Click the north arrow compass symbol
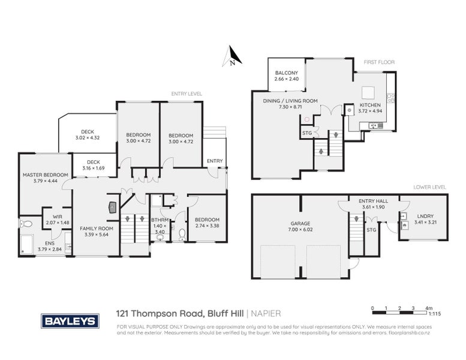pyautogui.click(x=232, y=56)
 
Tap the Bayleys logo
pyautogui.click(x=70, y=321)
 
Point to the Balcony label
pyautogui.click(x=286, y=73)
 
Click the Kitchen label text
pyautogui.click(x=369, y=104)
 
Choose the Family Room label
pyautogui.click(x=97, y=229)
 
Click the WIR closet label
pyautogui.click(x=57, y=216)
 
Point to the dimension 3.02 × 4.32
pyautogui.click(x=87, y=139)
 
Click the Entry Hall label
pyautogui.click(x=370, y=201)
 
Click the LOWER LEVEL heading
pyautogui.click(x=430, y=187)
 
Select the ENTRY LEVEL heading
pyautogui.click(x=187, y=94)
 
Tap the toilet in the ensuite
pyautogui.click(x=26, y=224)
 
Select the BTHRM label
pyautogui.click(x=159, y=220)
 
